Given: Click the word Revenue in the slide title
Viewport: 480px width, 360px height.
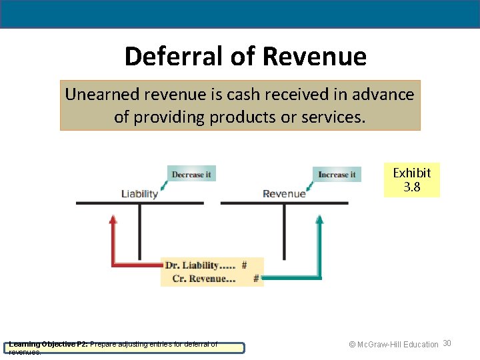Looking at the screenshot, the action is tap(314, 57).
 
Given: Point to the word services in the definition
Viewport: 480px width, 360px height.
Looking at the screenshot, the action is tap(331, 117).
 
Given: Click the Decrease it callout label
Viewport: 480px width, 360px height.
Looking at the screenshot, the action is tap(191, 174).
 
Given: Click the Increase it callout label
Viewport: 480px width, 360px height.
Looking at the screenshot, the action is tap(337, 175).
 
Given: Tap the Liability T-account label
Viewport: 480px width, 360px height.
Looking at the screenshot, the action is tap(139, 194).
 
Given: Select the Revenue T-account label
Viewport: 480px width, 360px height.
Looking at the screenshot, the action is tap(284, 194).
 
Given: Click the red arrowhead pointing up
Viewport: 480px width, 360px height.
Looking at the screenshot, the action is tap(113, 220).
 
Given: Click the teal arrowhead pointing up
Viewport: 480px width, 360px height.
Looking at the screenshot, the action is tap(319, 221).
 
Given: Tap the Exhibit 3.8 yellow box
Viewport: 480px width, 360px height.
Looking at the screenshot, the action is tap(411, 180).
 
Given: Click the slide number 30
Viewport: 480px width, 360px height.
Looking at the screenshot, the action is tap(447, 343).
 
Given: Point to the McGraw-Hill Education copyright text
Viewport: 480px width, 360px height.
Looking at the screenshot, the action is tap(393, 345).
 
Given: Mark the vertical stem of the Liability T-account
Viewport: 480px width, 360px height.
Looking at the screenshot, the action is tap(139, 233).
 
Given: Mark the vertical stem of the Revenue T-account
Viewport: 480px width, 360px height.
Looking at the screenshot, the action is tap(285, 233).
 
